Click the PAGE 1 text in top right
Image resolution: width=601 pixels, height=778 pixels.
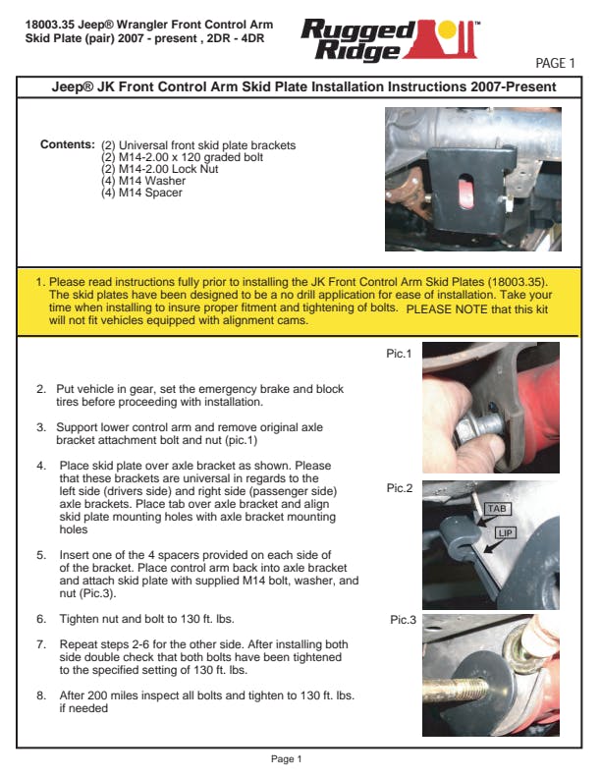click(x=555, y=64)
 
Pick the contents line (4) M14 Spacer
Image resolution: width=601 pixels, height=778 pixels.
click(x=141, y=193)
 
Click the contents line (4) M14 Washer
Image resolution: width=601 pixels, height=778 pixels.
click(x=143, y=181)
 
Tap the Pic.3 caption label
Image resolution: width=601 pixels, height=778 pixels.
click(x=404, y=620)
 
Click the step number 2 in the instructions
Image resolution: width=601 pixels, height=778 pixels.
click(x=41, y=389)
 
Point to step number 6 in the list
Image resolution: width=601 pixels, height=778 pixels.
click(x=41, y=620)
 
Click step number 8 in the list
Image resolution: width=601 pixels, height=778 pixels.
click(x=41, y=695)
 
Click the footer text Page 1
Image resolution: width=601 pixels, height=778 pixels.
click(x=286, y=758)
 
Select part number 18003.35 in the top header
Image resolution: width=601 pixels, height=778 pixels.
click(x=49, y=22)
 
